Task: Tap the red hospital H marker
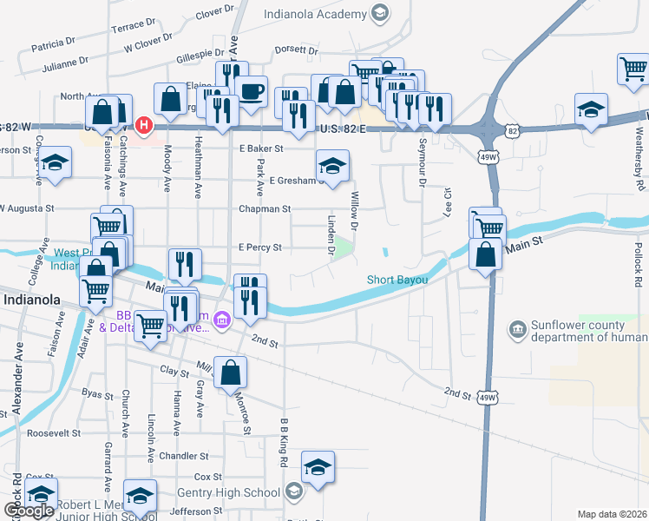tap(143, 126)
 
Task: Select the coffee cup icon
tap(252, 90)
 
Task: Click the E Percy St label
tap(260, 247)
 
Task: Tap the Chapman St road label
tap(265, 209)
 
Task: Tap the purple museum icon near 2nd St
tap(223, 322)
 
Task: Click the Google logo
tap(29, 511)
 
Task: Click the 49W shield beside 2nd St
tap(488, 398)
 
